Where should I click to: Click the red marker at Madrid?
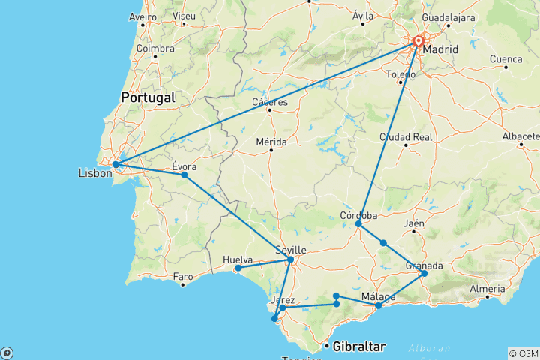pyautogui.click(x=418, y=43)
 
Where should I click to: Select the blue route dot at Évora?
pyautogui.click(x=184, y=175)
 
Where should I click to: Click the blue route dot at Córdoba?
pyautogui.click(x=358, y=224)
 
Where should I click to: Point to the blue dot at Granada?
pyautogui.click(x=424, y=273)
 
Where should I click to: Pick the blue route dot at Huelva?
pyautogui.click(x=238, y=268)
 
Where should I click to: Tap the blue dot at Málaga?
pyautogui.click(x=379, y=305)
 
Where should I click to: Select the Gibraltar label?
pyautogui.click(x=359, y=346)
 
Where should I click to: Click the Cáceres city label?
pyautogui.click(x=270, y=101)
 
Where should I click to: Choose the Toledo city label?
pyautogui.click(x=400, y=74)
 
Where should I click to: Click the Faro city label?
pyautogui.click(x=183, y=276)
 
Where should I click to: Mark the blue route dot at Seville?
pyautogui.click(x=291, y=259)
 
